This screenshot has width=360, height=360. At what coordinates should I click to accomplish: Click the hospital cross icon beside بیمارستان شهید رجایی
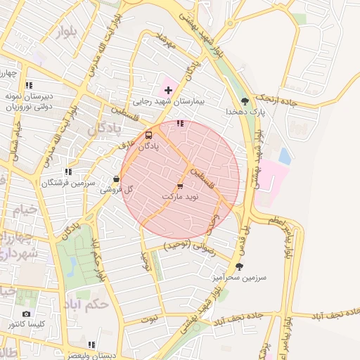(x=167, y=90)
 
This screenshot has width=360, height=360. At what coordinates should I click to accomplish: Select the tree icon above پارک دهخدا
(x=245, y=101)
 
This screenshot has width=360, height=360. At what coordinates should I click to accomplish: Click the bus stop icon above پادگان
(x=148, y=135)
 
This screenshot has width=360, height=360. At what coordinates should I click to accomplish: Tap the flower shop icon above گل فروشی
(x=116, y=179)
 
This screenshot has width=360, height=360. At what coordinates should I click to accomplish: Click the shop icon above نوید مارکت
(x=180, y=186)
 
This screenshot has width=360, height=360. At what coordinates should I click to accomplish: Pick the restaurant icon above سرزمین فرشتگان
(x=67, y=171)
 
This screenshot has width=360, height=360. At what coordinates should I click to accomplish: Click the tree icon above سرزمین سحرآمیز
(x=240, y=266)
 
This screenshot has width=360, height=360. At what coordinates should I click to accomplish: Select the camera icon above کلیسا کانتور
(x=27, y=314)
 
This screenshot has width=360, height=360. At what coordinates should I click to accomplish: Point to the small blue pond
(x=284, y=155)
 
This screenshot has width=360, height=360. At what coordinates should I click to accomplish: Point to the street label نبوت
(x=150, y=318)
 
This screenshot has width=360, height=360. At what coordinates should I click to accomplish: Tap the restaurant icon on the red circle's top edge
(x=180, y=123)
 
